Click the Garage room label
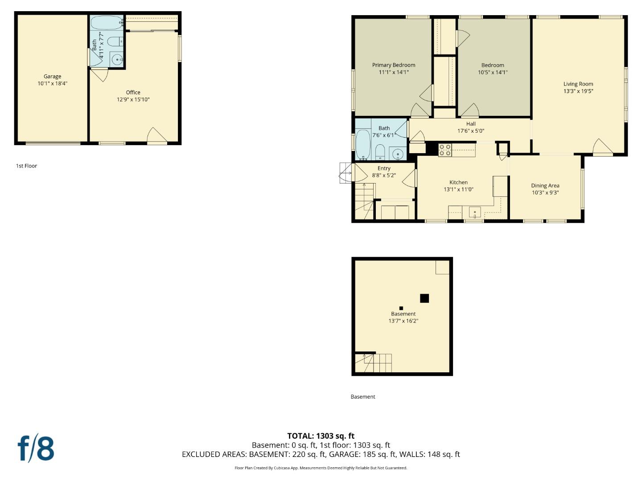tap(52, 77)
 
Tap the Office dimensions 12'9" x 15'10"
tap(133, 100)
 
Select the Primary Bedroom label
tap(394, 65)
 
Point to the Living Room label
tap(578, 84)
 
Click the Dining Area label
tap(545, 186)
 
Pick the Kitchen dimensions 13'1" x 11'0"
tap(458, 189)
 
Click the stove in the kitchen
tap(444, 150)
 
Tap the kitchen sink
tap(475, 212)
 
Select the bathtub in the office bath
tap(106, 22)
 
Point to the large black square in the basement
tap(424, 298)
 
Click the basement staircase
tap(374, 363)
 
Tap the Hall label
tap(471, 124)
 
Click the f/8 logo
tap(36, 448)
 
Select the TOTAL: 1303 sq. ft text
tap(321, 436)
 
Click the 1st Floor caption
tap(26, 166)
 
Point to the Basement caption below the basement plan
tap(363, 397)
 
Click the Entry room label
tap(384, 168)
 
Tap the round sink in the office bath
tap(117, 59)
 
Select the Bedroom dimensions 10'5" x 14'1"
tap(493, 72)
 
